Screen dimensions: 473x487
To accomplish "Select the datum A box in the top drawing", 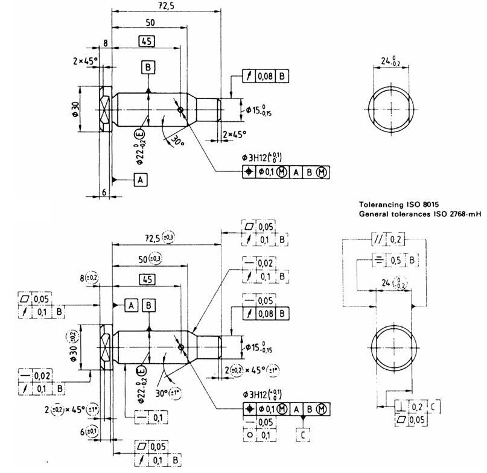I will (140, 179).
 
